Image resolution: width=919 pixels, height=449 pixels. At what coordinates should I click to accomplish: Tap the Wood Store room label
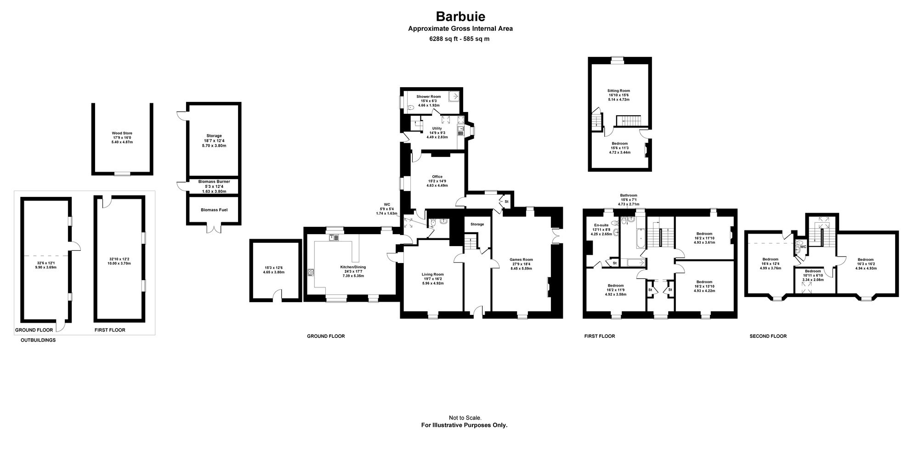[122, 133]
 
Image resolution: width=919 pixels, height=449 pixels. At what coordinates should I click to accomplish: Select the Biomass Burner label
[214, 181]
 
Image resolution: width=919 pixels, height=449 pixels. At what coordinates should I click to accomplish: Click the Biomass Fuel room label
[214, 210]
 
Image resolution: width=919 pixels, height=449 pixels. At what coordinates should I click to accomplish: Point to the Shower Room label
[429, 96]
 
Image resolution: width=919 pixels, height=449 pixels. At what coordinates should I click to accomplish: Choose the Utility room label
[437, 129]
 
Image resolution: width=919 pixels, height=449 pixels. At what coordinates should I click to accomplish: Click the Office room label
[437, 177]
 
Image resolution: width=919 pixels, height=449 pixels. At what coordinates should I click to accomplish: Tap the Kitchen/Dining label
[353, 267]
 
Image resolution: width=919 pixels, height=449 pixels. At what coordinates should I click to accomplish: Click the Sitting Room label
[618, 90]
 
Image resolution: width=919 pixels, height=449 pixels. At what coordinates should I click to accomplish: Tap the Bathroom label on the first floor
[629, 195]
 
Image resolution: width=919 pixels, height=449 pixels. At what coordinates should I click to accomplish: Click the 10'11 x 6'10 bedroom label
[812, 275]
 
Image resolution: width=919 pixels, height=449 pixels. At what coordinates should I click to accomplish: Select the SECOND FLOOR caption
[768, 336]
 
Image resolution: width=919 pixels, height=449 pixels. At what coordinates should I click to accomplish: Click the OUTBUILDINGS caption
[38, 340]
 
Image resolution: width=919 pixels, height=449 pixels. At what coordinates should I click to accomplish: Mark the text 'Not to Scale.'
[465, 418]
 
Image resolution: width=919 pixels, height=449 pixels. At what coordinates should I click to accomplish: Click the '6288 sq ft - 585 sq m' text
[459, 39]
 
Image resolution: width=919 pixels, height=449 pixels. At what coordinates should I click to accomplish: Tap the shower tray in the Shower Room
[454, 97]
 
